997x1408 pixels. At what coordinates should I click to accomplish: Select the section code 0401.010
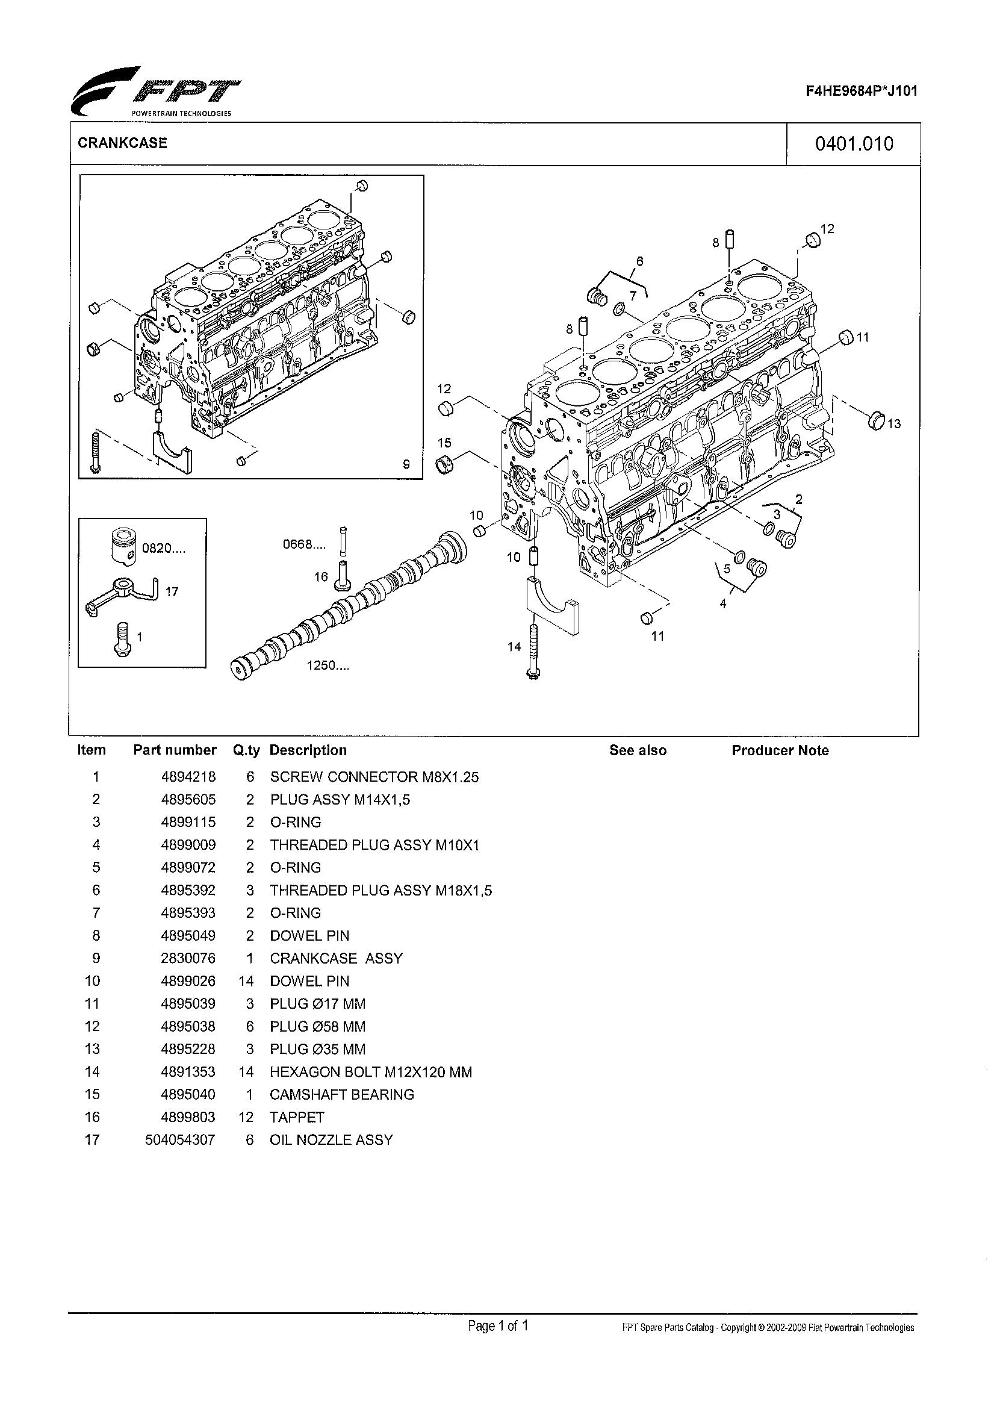click(853, 144)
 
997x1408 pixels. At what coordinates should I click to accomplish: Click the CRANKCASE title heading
click(122, 143)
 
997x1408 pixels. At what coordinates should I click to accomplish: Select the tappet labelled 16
click(343, 575)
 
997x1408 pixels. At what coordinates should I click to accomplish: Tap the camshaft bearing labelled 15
click(445, 465)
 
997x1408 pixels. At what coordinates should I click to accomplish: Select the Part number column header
click(175, 750)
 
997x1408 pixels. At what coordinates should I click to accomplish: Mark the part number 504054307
click(180, 1139)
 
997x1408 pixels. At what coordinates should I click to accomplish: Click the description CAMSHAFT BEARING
click(341, 1094)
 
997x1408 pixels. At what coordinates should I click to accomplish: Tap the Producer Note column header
click(779, 750)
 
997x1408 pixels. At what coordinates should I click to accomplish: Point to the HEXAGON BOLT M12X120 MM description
click(370, 1071)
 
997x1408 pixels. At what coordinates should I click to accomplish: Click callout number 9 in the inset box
click(406, 465)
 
